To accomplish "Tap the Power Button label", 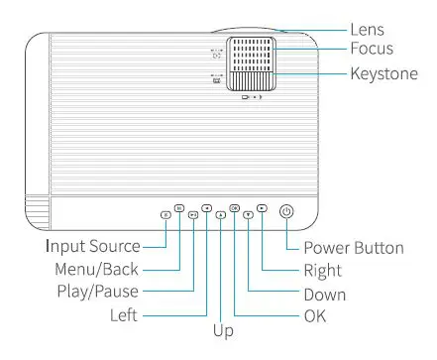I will click(x=353, y=248).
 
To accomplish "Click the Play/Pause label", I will click(x=96, y=292).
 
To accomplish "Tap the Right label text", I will click(x=323, y=270).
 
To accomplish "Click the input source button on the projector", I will click(x=164, y=213).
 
